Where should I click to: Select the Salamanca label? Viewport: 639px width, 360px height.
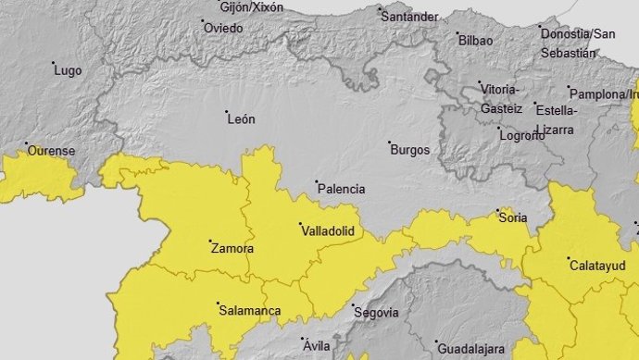coord(248,311)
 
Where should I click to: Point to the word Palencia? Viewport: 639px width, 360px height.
coord(342,189)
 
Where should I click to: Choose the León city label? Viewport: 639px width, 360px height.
coord(240,119)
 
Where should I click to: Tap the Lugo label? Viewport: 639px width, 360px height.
coord(69,70)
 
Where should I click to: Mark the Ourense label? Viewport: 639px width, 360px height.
coord(51,151)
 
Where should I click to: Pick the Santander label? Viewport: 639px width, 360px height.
coord(409,17)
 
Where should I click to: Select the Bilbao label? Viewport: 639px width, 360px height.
coord(475,40)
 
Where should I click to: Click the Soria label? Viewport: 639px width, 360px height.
coord(513,218)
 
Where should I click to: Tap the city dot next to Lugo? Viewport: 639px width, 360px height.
coord(53,64)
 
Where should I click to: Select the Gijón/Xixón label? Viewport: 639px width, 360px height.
coord(252,7)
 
